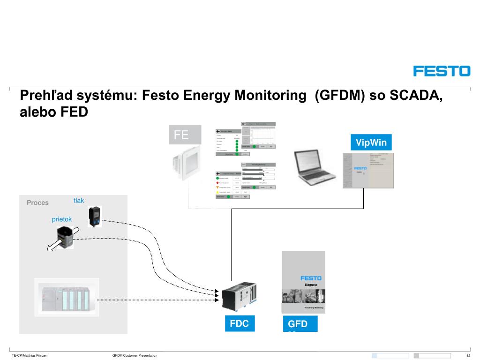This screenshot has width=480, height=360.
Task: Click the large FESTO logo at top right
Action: [441, 71]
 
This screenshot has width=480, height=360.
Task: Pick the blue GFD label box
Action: [300, 324]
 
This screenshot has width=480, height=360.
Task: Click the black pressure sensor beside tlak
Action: [95, 217]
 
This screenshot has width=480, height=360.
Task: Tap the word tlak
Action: [79, 201]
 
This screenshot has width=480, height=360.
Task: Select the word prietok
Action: [62, 219]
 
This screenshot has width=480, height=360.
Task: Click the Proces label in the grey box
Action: [37, 202]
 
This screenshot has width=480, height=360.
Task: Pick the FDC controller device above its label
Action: [240, 295]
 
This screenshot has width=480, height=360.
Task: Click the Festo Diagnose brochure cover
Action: [303, 282]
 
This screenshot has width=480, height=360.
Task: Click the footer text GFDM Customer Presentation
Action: [135, 356]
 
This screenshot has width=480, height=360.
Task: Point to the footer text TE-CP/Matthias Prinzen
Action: [30, 356]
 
